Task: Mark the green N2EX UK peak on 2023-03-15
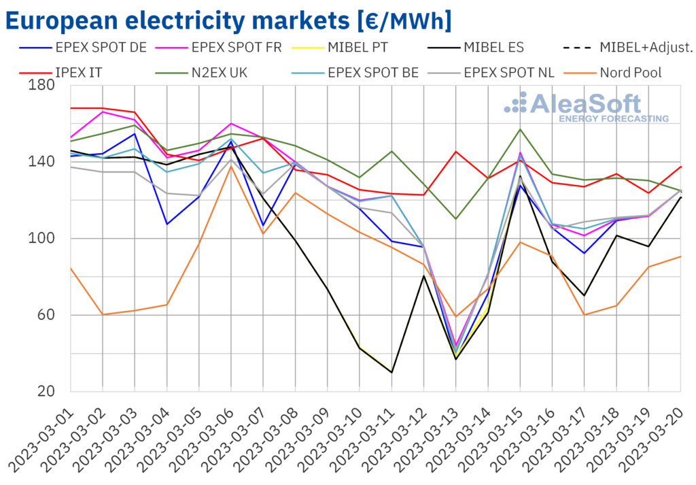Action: point(521,129)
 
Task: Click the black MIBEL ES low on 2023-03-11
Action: point(391,372)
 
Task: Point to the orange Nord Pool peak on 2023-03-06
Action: point(231,166)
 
